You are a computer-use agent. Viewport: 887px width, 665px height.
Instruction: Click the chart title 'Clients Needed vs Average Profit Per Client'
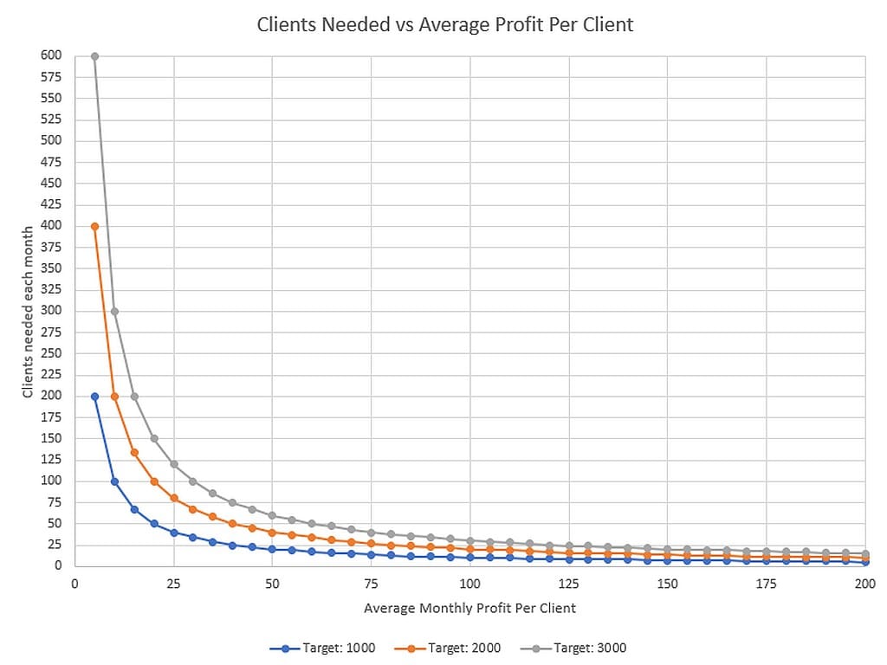pos(444,24)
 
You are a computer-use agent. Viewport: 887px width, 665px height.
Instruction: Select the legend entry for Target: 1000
pos(332,648)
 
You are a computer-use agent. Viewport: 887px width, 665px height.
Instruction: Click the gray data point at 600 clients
pos(94,56)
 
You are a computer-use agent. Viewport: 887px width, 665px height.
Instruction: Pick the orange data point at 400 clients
pos(94,226)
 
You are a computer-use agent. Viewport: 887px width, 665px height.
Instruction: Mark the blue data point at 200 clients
pos(94,397)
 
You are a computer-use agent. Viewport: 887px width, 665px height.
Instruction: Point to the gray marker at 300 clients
pos(114,312)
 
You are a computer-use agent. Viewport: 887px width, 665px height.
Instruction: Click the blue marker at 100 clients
pos(114,481)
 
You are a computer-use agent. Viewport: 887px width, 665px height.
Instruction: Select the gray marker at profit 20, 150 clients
pos(154,438)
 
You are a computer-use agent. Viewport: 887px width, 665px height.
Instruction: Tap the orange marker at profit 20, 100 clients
pos(154,481)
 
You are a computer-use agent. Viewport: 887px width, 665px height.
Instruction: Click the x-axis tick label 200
pos(864,584)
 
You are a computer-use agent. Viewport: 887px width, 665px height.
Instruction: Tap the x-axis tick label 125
pos(568,584)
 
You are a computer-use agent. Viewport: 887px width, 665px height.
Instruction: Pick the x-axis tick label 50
pos(272,584)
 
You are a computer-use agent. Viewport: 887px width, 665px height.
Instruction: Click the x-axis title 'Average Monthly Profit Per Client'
pos(469,608)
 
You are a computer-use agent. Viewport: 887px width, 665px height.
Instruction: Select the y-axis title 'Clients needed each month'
pos(28,311)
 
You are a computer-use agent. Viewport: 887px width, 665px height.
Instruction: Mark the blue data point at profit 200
pos(865,563)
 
